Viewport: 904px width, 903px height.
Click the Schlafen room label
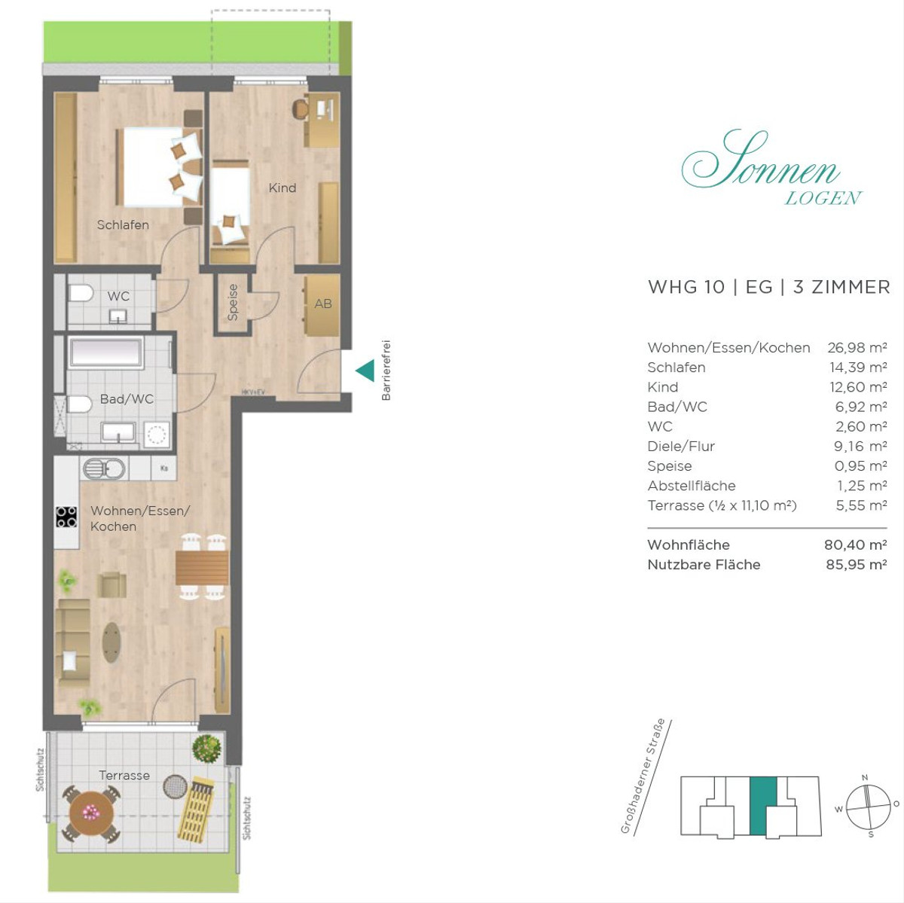click(123, 224)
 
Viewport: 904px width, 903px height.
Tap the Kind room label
click(282, 188)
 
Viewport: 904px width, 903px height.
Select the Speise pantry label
click(232, 302)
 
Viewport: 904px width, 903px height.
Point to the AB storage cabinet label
click(323, 304)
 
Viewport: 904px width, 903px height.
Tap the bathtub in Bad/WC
click(106, 352)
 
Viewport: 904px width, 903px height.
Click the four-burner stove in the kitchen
click(66, 517)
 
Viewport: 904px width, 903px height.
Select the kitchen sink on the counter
click(104, 468)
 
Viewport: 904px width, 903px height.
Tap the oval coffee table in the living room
click(111, 642)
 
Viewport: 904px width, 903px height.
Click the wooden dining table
click(202, 568)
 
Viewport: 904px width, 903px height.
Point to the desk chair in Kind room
click(301, 109)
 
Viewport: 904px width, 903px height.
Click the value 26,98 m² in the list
click(857, 348)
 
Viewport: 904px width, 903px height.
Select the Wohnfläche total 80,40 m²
click(856, 545)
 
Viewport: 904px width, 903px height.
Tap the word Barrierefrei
click(386, 370)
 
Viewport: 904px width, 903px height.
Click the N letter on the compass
click(865, 777)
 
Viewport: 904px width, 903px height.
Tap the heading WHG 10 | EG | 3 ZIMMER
click(769, 287)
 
